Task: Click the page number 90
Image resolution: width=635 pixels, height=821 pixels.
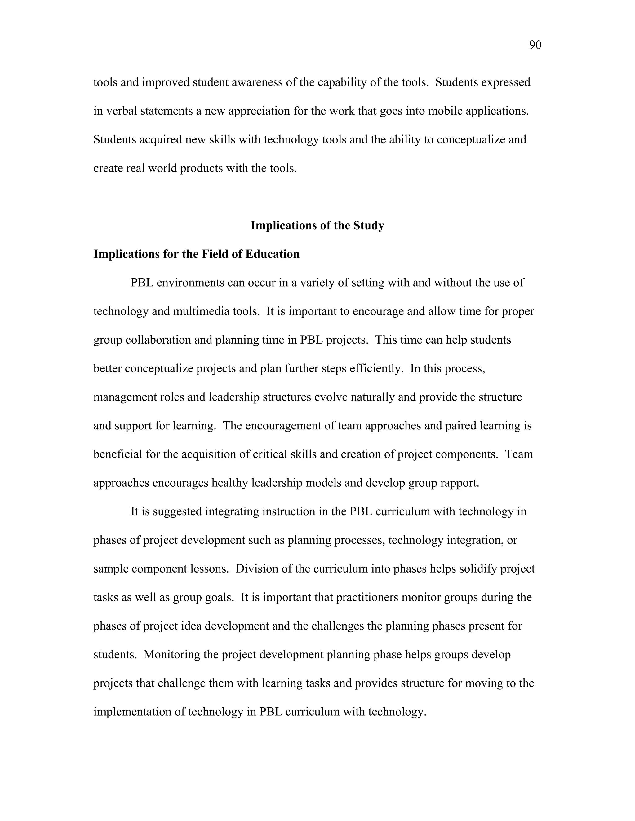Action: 535,45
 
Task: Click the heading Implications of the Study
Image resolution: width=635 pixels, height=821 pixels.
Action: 317,226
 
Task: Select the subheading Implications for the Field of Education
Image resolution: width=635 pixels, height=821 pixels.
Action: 196,254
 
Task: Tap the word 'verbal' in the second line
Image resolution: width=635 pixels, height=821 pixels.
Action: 122,111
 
